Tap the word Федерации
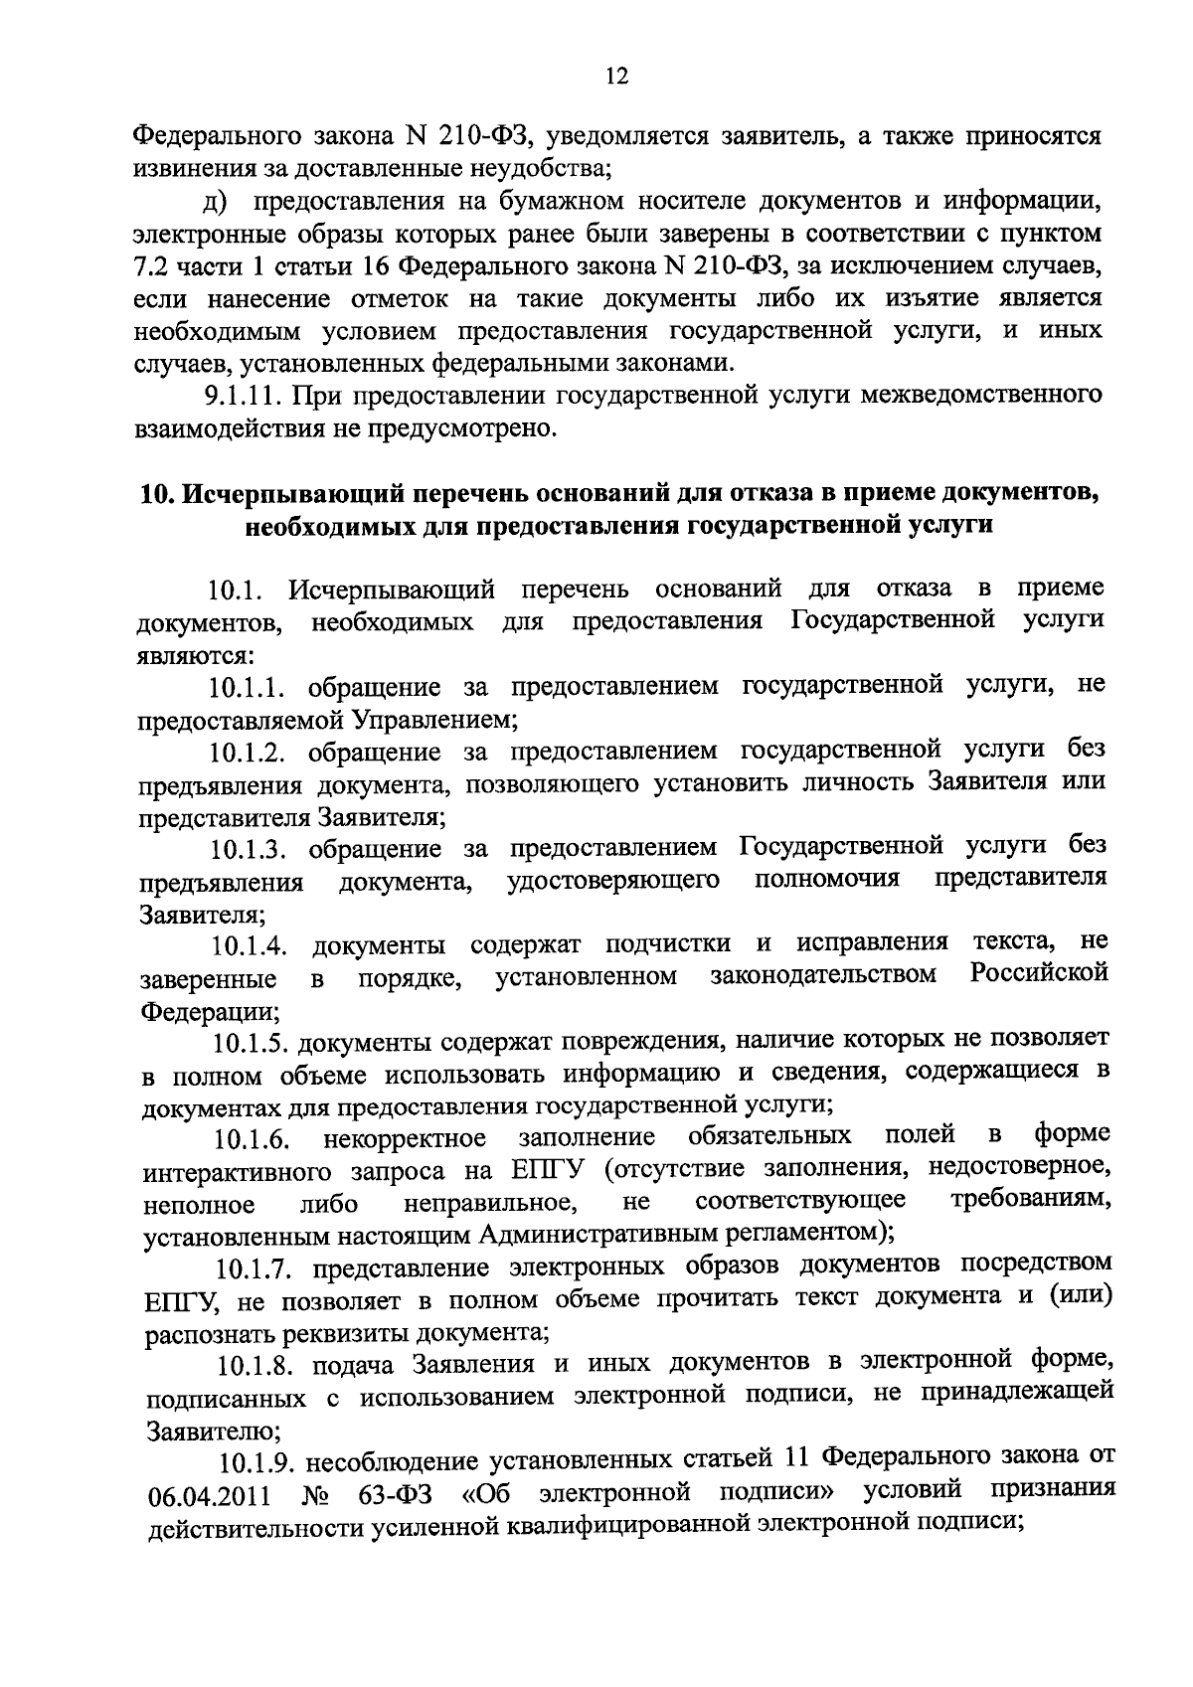point(209,1012)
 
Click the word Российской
point(1039,972)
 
